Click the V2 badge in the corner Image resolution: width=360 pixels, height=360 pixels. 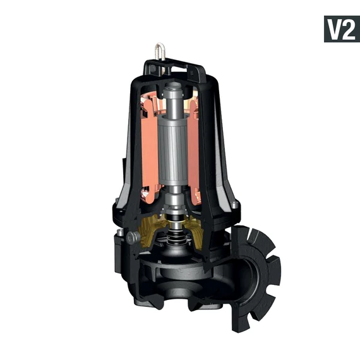341,28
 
